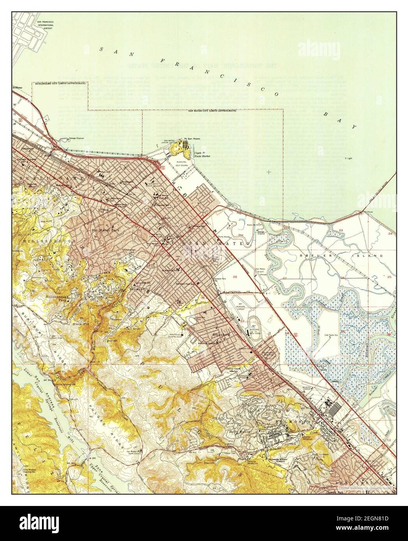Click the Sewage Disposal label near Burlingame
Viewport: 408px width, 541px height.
point(77,139)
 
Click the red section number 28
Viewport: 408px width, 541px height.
point(235,277)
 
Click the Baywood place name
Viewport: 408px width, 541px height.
point(136,290)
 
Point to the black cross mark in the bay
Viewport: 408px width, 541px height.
point(268,171)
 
